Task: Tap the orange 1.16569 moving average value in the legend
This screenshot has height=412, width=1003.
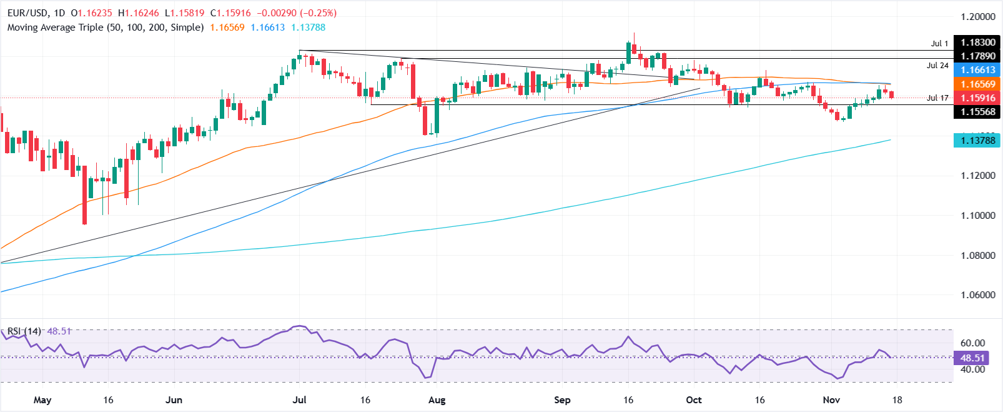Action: coord(227,28)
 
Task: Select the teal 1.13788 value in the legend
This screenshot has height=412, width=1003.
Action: coord(308,28)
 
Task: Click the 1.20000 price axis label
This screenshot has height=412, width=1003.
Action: coord(978,17)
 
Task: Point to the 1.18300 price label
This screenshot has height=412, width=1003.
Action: coord(978,43)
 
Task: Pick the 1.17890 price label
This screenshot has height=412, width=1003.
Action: coord(978,56)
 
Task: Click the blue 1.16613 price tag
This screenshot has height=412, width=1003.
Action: coord(978,70)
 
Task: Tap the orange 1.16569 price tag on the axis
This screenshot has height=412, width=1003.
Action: coord(978,84)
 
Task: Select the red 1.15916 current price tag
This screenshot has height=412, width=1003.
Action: coord(978,98)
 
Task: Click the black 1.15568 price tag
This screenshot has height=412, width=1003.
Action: coord(978,112)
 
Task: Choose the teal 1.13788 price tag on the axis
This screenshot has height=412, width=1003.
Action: coord(978,140)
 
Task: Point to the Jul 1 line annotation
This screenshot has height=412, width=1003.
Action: coord(939,43)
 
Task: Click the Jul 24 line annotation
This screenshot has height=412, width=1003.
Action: coord(937,65)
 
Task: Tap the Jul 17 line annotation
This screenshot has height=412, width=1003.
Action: coord(937,98)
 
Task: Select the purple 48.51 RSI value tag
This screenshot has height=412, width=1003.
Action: coord(972,358)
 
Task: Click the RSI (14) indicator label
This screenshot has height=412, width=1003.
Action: coord(24,331)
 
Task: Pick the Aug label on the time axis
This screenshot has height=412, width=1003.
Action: coord(437,400)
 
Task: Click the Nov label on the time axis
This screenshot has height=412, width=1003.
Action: coord(831,400)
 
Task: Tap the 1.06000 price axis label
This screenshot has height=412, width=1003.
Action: coord(978,295)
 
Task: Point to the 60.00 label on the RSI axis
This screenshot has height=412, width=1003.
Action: coord(972,343)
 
